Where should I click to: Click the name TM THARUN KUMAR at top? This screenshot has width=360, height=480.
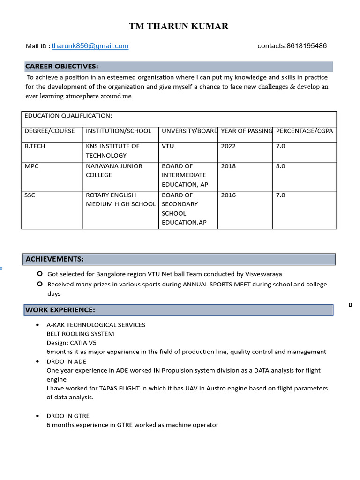pyautogui.click(x=179, y=26)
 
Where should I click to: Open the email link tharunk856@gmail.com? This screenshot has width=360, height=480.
pyautogui.click(x=90, y=46)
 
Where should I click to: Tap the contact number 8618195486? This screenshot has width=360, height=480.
pyautogui.click(x=306, y=46)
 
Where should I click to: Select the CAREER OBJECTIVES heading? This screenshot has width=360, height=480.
pyautogui.click(x=62, y=66)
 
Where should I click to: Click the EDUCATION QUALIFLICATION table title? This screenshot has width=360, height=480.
pyautogui.click(x=68, y=116)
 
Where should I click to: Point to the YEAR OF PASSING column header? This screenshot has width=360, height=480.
pyautogui.click(x=247, y=131)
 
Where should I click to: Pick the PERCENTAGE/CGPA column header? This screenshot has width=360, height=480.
pyautogui.click(x=305, y=131)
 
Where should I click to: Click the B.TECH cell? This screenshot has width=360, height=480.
pyautogui.click(x=35, y=146)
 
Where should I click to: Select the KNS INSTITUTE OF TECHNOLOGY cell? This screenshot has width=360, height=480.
pyautogui.click(x=112, y=150)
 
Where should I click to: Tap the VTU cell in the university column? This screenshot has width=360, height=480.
pyautogui.click(x=168, y=146)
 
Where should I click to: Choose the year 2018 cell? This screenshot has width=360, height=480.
pyautogui.click(x=228, y=166)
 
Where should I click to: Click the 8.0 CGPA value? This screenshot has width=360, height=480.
pyautogui.click(x=280, y=166)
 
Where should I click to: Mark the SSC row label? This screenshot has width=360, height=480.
pyautogui.click(x=30, y=195)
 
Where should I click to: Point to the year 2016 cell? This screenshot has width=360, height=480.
pyautogui.click(x=228, y=195)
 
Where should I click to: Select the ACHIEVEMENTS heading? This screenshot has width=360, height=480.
pyautogui.click(x=55, y=259)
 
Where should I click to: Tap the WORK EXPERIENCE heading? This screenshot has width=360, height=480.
pyautogui.click(x=60, y=310)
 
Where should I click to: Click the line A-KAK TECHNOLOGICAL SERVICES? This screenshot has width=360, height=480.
pyautogui.click(x=96, y=325)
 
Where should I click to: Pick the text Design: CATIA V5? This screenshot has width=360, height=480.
pyautogui.click(x=71, y=343)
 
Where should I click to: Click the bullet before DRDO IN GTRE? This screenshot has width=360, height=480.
pyautogui.click(x=37, y=416)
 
